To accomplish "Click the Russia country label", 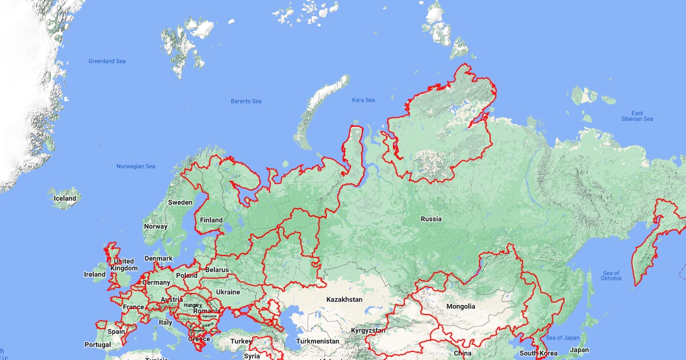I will (431, 219).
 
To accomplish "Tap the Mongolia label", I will (461, 306).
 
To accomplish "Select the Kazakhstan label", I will (344, 299).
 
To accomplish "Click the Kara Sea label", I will (364, 100).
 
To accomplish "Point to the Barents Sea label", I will (246, 101).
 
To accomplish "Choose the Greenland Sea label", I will (107, 61).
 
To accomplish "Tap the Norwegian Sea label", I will (135, 166).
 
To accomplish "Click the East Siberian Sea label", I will (637, 116).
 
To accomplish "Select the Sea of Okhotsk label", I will (611, 275).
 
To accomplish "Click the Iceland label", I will (65, 198).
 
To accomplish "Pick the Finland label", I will (211, 220).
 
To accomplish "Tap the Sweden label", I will (180, 202).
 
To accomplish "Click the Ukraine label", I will (228, 292).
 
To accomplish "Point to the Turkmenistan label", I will (318, 341).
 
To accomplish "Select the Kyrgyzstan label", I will (368, 331).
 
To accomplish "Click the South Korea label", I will (538, 353).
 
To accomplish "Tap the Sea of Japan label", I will (563, 338).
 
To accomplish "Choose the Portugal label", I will (98, 345).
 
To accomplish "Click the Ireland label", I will (95, 274).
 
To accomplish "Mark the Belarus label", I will (217, 270).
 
